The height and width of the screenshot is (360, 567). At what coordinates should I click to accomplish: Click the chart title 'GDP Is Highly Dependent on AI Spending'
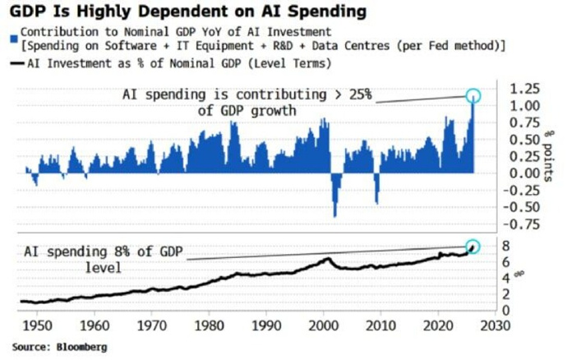click(188, 12)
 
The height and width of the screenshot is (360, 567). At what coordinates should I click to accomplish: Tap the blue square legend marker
click(14, 39)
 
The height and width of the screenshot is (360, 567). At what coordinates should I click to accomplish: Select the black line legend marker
click(17, 63)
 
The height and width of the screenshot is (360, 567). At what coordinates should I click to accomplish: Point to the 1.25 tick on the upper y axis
click(524, 89)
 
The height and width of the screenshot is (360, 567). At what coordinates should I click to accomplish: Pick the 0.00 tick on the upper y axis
click(524, 173)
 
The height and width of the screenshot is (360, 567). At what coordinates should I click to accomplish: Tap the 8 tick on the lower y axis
click(505, 247)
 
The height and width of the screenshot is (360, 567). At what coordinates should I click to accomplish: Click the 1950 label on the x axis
click(37, 325)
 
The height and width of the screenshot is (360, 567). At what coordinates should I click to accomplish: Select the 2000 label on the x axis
click(323, 325)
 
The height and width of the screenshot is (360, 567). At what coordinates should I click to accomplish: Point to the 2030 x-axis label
click(495, 325)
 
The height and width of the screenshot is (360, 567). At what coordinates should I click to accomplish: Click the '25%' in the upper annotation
click(360, 95)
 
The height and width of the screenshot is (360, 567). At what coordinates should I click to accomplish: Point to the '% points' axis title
click(549, 156)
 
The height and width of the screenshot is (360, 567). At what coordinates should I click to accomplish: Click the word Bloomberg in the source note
click(81, 347)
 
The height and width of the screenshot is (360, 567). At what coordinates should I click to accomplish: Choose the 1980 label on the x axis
click(209, 325)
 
